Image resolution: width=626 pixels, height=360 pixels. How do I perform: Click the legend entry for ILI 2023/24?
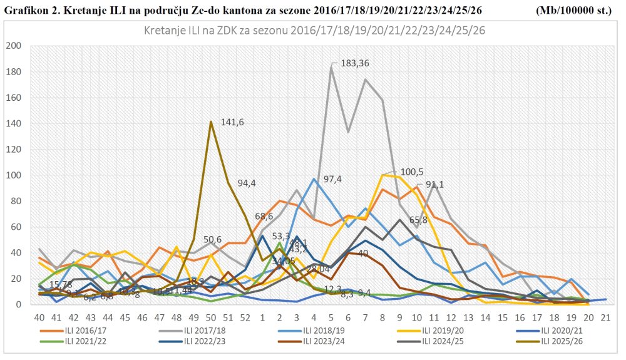tap(312, 342)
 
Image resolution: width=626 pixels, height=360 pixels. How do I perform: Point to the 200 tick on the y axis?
tap(13, 46)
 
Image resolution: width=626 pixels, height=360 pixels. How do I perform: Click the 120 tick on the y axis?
tap(13, 150)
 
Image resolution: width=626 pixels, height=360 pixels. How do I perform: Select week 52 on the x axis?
tap(245, 317)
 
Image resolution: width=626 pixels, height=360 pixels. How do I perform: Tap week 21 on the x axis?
tap(605, 317)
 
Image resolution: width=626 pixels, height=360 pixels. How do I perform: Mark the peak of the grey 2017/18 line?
tap(331, 66)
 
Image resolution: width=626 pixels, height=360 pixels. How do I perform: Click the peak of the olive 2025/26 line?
tap(212, 121)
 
